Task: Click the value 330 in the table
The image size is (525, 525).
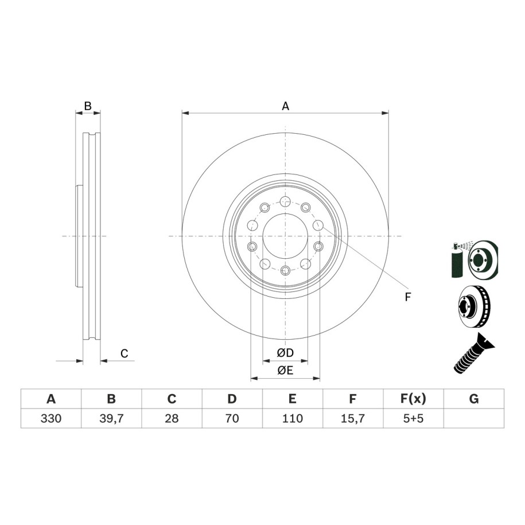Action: pyautogui.click(x=51, y=418)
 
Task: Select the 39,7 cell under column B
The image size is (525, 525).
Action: pyautogui.click(x=111, y=418)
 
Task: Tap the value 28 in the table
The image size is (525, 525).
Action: pyautogui.click(x=172, y=418)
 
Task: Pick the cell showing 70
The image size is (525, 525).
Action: pyautogui.click(x=232, y=418)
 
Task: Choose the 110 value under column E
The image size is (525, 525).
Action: pyautogui.click(x=293, y=418)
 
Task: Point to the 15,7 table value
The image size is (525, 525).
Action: pyautogui.click(x=353, y=418)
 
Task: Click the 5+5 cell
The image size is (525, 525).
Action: pyautogui.click(x=414, y=418)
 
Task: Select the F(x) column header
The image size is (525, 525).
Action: pyautogui.click(x=414, y=399)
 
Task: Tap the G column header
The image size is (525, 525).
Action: pyautogui.click(x=474, y=399)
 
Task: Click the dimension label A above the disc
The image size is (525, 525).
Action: pyautogui.click(x=285, y=106)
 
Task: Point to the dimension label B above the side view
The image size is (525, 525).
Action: pyautogui.click(x=88, y=106)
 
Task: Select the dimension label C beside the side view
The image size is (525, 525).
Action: pyautogui.click(x=124, y=353)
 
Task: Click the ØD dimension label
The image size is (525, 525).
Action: pyautogui.click(x=285, y=352)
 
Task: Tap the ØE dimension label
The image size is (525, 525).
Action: pyautogui.click(x=285, y=370)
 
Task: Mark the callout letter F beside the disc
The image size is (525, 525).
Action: pyautogui.click(x=407, y=297)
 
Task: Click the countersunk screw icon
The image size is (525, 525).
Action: pyautogui.click(x=474, y=353)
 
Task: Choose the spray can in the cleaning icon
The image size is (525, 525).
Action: pyautogui.click(x=457, y=261)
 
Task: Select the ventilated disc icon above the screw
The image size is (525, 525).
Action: pyautogui.click(x=474, y=306)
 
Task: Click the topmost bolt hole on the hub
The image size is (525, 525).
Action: pyautogui.click(x=285, y=201)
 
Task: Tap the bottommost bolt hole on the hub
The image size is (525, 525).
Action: pyautogui.click(x=285, y=270)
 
